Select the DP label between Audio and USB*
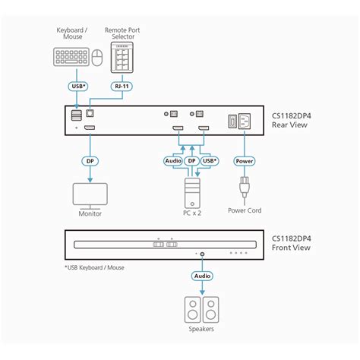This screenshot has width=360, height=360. (x=193, y=161)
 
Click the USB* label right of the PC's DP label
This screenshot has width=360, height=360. (x=211, y=161)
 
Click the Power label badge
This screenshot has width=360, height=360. (x=244, y=161)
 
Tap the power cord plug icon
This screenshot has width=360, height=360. (x=244, y=187)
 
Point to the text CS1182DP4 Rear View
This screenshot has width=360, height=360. (x=292, y=121)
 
